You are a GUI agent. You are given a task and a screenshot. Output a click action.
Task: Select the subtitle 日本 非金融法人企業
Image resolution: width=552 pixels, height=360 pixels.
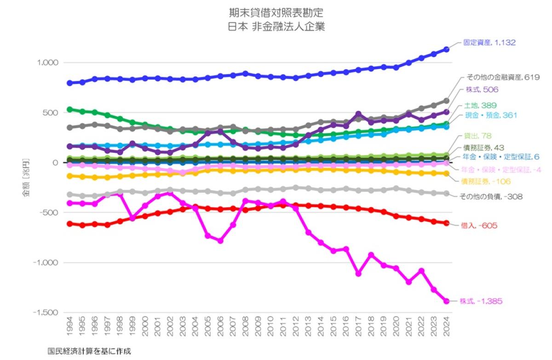276,27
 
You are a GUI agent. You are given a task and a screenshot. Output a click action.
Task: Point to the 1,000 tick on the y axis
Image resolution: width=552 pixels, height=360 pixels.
48,63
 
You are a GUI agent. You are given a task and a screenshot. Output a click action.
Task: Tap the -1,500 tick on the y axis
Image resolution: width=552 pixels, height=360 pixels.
46,313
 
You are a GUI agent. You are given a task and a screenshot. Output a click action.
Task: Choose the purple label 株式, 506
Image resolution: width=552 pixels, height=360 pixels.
479,89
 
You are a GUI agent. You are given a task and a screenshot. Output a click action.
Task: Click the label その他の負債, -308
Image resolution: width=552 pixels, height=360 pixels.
490,196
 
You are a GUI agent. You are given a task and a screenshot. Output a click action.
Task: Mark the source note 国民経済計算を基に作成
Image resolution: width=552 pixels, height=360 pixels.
89,351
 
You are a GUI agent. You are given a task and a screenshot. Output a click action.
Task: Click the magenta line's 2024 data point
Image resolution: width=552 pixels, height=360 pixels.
446,301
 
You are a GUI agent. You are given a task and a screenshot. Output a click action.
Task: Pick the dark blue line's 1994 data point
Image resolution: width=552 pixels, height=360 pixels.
70,83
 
